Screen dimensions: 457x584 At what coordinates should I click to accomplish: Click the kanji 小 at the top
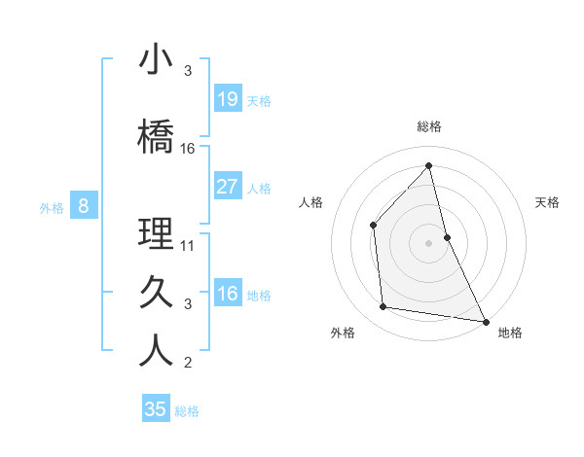click(x=156, y=60)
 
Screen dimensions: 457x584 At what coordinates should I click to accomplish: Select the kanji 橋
click(x=156, y=136)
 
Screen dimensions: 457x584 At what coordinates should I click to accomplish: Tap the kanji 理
click(x=156, y=233)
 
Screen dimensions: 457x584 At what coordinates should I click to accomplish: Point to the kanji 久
click(x=156, y=292)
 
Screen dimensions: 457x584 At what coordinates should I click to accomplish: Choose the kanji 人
click(x=156, y=351)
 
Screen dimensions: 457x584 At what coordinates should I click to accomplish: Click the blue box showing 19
click(x=228, y=99)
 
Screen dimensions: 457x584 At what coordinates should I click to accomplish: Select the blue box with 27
click(x=228, y=187)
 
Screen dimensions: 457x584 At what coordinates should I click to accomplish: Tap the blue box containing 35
click(x=156, y=409)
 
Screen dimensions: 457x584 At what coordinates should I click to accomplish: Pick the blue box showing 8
click(x=84, y=205)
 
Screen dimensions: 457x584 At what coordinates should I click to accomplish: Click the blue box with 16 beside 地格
click(x=228, y=294)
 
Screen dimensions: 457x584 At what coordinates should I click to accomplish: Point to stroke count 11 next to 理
click(x=188, y=246)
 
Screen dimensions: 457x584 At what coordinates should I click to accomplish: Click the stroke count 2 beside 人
click(x=188, y=364)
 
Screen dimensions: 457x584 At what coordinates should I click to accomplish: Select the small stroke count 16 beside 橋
click(x=188, y=149)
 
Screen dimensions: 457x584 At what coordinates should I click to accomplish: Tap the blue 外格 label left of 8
click(x=51, y=206)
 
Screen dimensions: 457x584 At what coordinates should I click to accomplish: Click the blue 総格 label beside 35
click(x=187, y=411)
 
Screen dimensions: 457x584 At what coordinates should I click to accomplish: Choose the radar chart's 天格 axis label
click(x=547, y=202)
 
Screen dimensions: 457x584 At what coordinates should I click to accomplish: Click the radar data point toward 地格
click(x=484, y=320)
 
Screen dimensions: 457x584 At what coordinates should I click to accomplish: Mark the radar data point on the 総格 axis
click(x=428, y=166)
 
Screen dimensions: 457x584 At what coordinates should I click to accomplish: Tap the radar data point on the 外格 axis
click(x=383, y=307)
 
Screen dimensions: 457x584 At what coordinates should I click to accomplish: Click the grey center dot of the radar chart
click(x=428, y=242)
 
